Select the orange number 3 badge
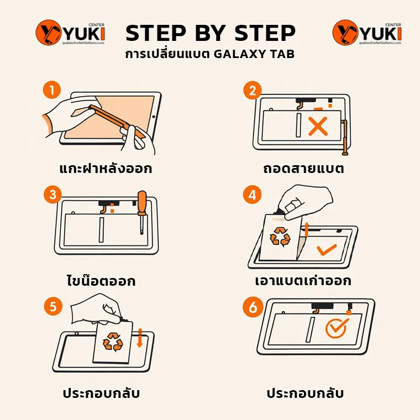[53, 195]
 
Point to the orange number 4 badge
[253, 195]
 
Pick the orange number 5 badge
[53, 307]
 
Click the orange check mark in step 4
[327, 249]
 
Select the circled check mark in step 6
[335, 328]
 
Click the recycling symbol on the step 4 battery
[279, 237]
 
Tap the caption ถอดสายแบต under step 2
[304, 169]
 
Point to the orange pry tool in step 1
[116, 116]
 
